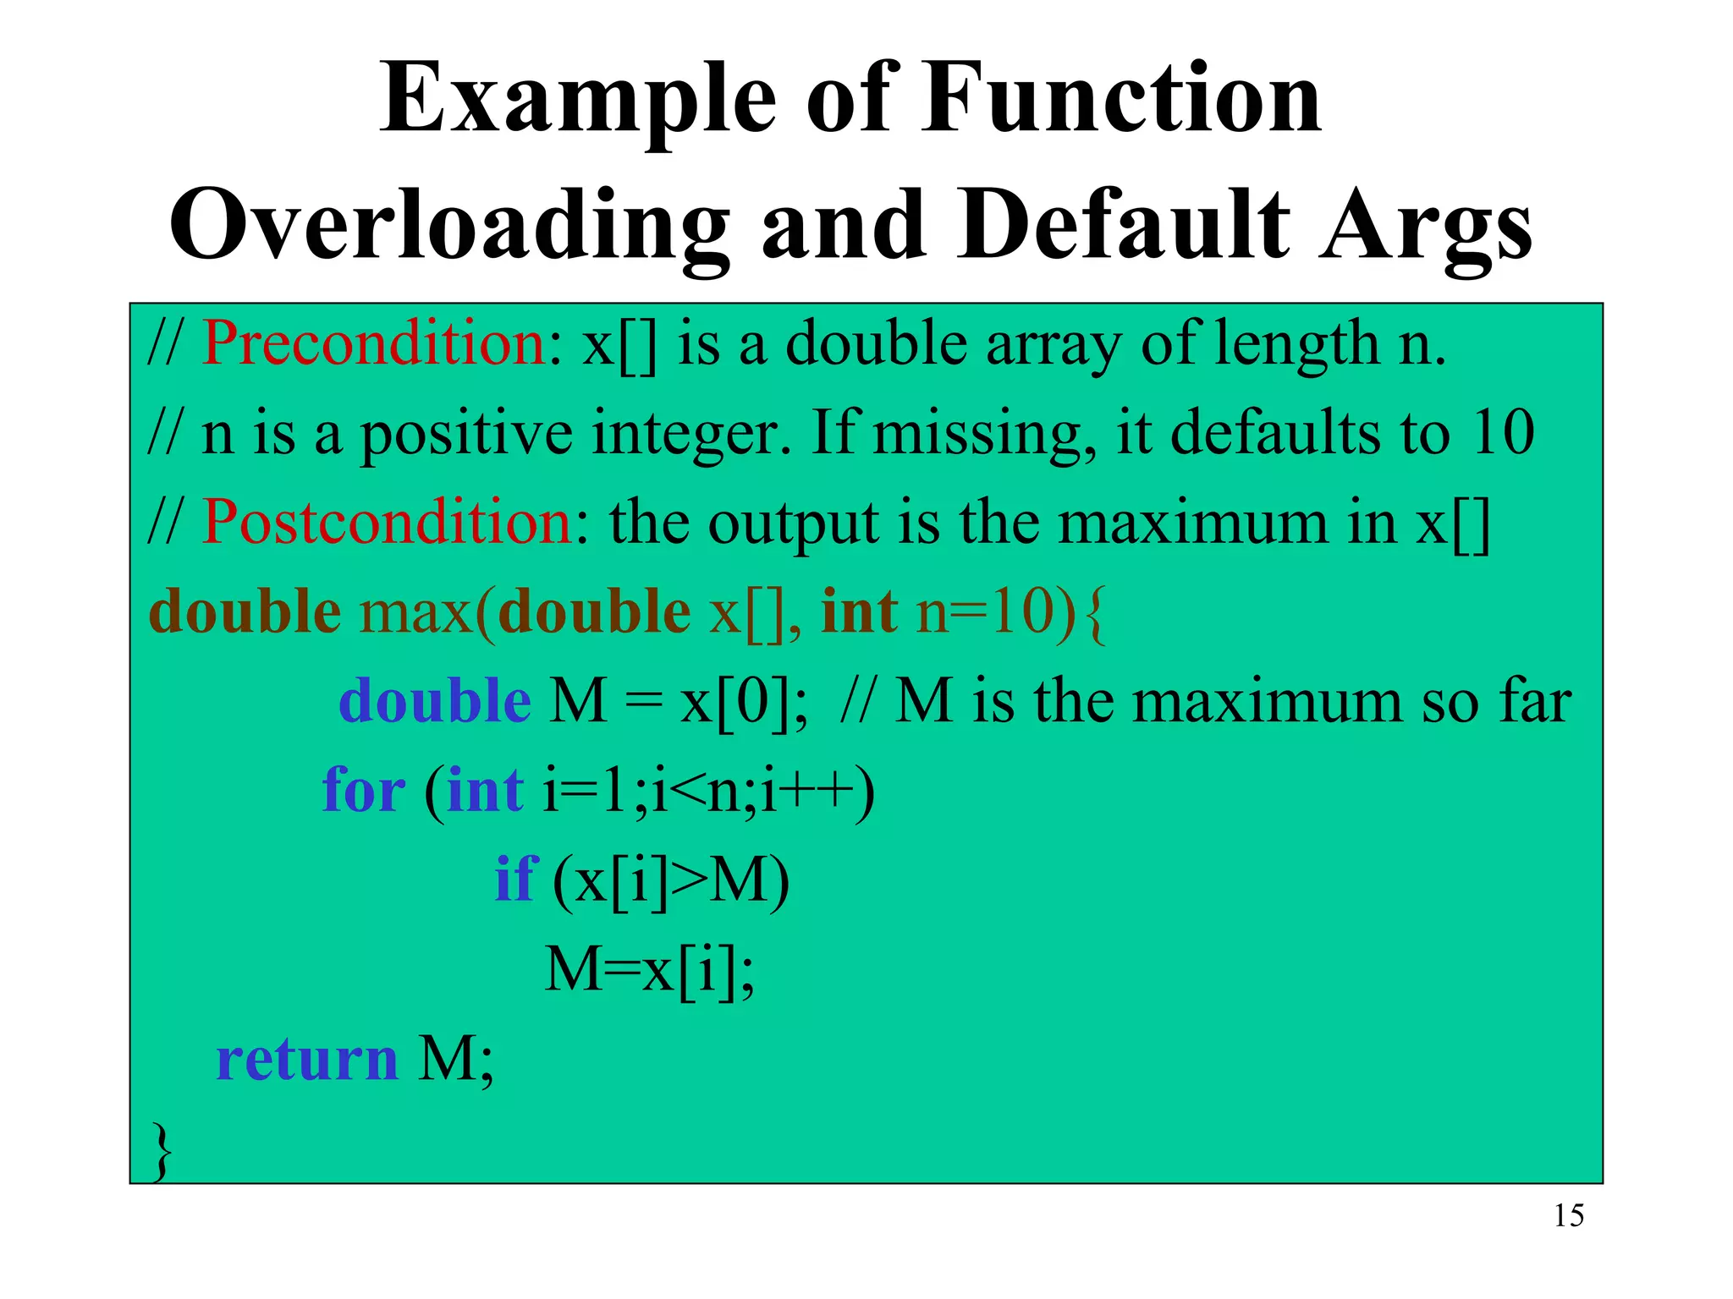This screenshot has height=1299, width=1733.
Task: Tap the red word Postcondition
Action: (x=388, y=522)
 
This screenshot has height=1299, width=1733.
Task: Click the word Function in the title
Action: (x=1120, y=99)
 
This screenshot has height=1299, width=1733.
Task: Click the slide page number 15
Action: (x=1568, y=1216)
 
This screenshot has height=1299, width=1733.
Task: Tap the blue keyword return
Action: (x=306, y=1059)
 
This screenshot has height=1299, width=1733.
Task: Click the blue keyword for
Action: (x=364, y=791)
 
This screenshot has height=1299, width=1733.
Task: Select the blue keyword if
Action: (x=515, y=880)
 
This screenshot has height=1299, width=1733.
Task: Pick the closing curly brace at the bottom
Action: (x=161, y=1150)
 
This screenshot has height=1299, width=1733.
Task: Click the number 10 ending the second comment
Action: (x=1503, y=433)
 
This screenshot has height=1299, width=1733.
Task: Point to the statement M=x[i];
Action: (x=649, y=970)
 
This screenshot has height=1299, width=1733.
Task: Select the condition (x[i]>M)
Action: (x=670, y=881)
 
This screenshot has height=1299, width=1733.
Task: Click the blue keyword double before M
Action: (x=434, y=701)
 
